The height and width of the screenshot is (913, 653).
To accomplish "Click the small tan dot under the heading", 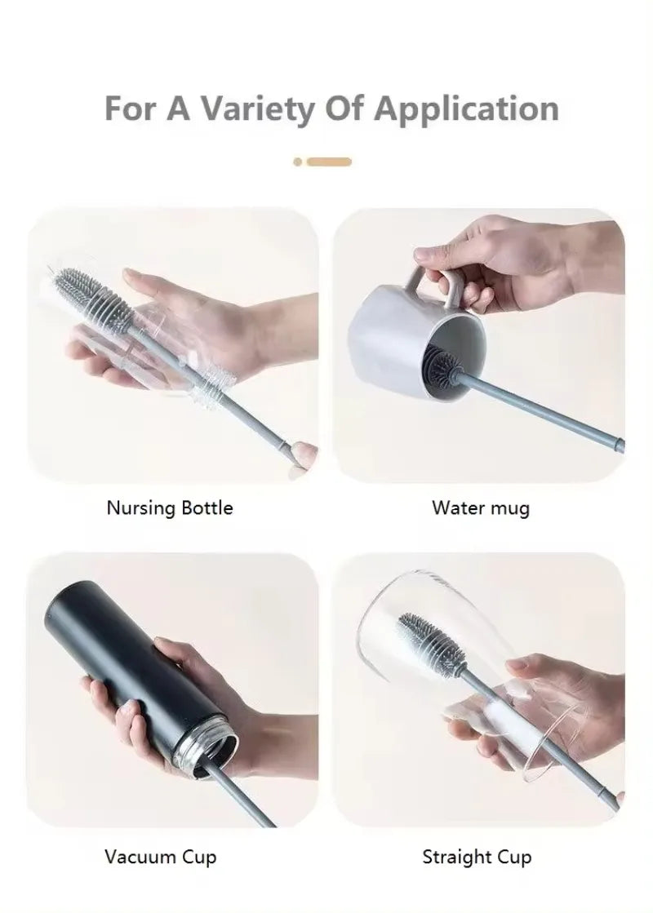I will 298,162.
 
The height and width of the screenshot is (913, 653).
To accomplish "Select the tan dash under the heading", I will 329,162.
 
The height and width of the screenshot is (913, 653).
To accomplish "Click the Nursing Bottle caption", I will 170,508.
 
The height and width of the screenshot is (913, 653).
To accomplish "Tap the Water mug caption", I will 480,508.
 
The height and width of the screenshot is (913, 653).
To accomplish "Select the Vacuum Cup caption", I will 160,857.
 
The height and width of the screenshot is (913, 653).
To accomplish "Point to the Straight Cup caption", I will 477,857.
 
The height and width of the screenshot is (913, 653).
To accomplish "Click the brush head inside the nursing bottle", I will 91,290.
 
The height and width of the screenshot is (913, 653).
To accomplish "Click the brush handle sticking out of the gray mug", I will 555,415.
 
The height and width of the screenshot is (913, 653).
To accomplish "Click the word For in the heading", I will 131,109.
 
